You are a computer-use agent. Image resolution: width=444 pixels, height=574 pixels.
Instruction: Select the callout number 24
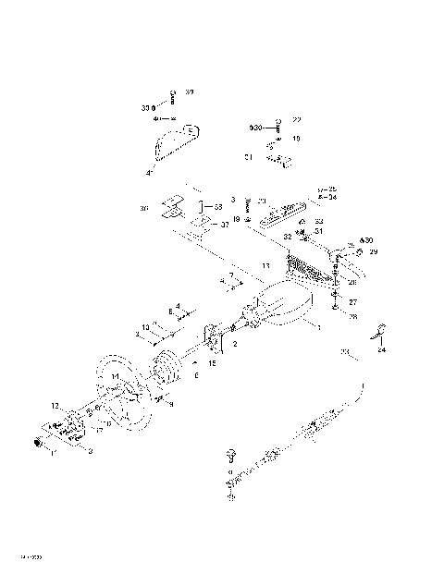(382, 351)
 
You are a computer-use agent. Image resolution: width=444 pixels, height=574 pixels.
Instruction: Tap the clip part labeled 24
(379, 335)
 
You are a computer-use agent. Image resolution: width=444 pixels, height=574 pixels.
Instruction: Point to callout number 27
(351, 301)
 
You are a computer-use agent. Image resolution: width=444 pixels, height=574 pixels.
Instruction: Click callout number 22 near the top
(296, 120)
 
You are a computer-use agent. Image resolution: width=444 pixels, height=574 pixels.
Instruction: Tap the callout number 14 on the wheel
(115, 377)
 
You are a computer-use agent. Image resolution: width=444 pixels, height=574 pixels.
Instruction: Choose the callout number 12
(55, 405)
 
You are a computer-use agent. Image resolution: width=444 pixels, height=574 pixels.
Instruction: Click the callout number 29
(373, 251)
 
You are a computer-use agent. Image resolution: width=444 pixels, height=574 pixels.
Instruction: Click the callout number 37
(225, 224)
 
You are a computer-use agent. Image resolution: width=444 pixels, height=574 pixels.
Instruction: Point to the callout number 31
(319, 231)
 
